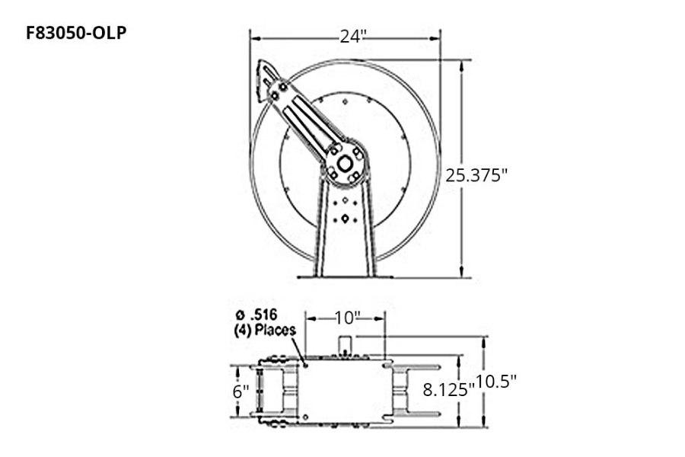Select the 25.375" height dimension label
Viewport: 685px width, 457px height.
(x=476, y=174)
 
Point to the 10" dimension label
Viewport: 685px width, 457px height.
(x=346, y=316)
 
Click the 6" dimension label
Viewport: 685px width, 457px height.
(x=241, y=391)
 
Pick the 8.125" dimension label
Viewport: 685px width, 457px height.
(x=448, y=389)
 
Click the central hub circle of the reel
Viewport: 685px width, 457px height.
(x=346, y=162)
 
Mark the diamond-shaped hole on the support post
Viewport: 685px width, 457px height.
(x=346, y=219)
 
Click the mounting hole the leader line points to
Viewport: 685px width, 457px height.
(x=305, y=365)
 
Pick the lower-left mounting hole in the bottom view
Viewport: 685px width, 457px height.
(x=305, y=417)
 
